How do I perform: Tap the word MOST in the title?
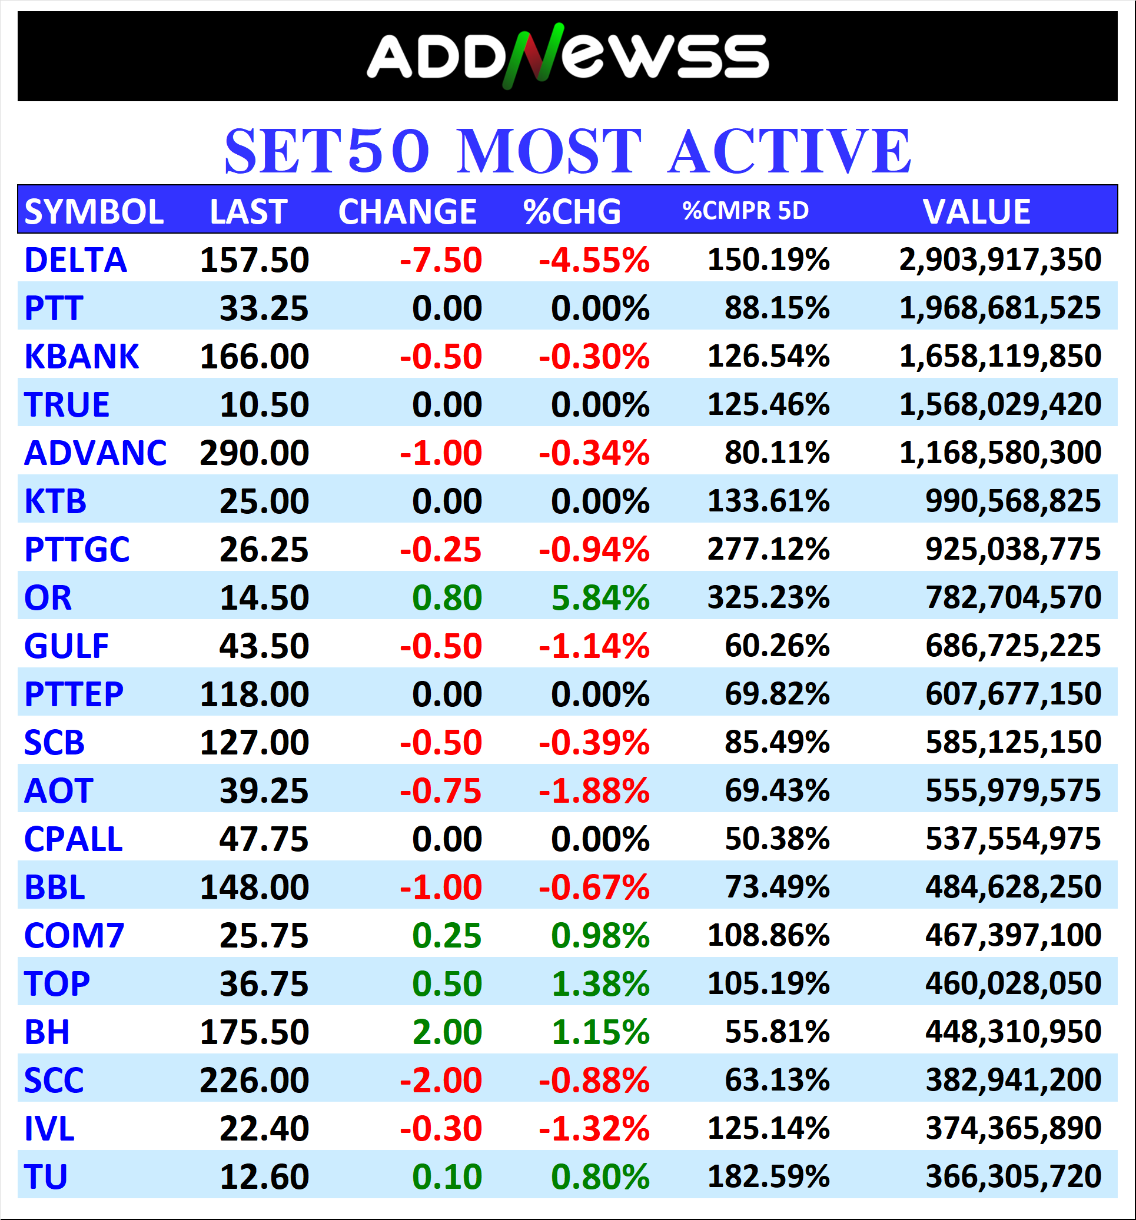549,152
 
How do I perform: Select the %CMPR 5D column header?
745,211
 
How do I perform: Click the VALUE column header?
976,212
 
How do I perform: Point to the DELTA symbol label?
75,260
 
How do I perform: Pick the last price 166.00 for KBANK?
254,357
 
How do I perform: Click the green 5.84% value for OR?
600,598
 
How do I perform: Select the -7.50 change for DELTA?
441,260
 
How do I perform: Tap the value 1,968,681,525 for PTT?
1000,308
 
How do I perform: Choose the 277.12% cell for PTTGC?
768,549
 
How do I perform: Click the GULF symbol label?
67,646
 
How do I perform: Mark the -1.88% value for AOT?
593,791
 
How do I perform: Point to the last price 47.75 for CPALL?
264,839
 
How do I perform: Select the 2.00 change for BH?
447,1032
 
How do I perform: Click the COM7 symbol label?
74,936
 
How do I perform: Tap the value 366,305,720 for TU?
1013,1177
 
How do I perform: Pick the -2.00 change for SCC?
441,1081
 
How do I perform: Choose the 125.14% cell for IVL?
768,1129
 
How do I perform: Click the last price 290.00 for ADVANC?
254,453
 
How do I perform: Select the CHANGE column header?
407,212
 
